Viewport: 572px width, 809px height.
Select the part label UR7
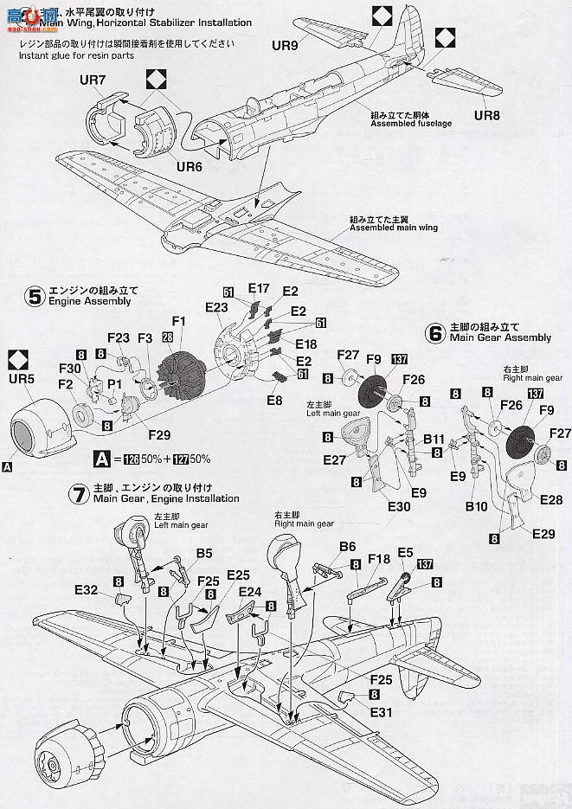(x=92, y=80)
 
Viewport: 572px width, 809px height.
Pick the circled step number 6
(x=436, y=331)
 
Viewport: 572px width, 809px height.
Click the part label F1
(x=179, y=320)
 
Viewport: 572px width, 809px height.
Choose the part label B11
(x=434, y=439)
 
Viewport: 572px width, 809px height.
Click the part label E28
(x=551, y=500)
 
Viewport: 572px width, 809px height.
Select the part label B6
(x=348, y=547)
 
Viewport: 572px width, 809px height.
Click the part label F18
(x=378, y=559)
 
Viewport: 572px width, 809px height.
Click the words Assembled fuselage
(x=399, y=123)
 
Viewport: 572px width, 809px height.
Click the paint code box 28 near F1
(x=167, y=336)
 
